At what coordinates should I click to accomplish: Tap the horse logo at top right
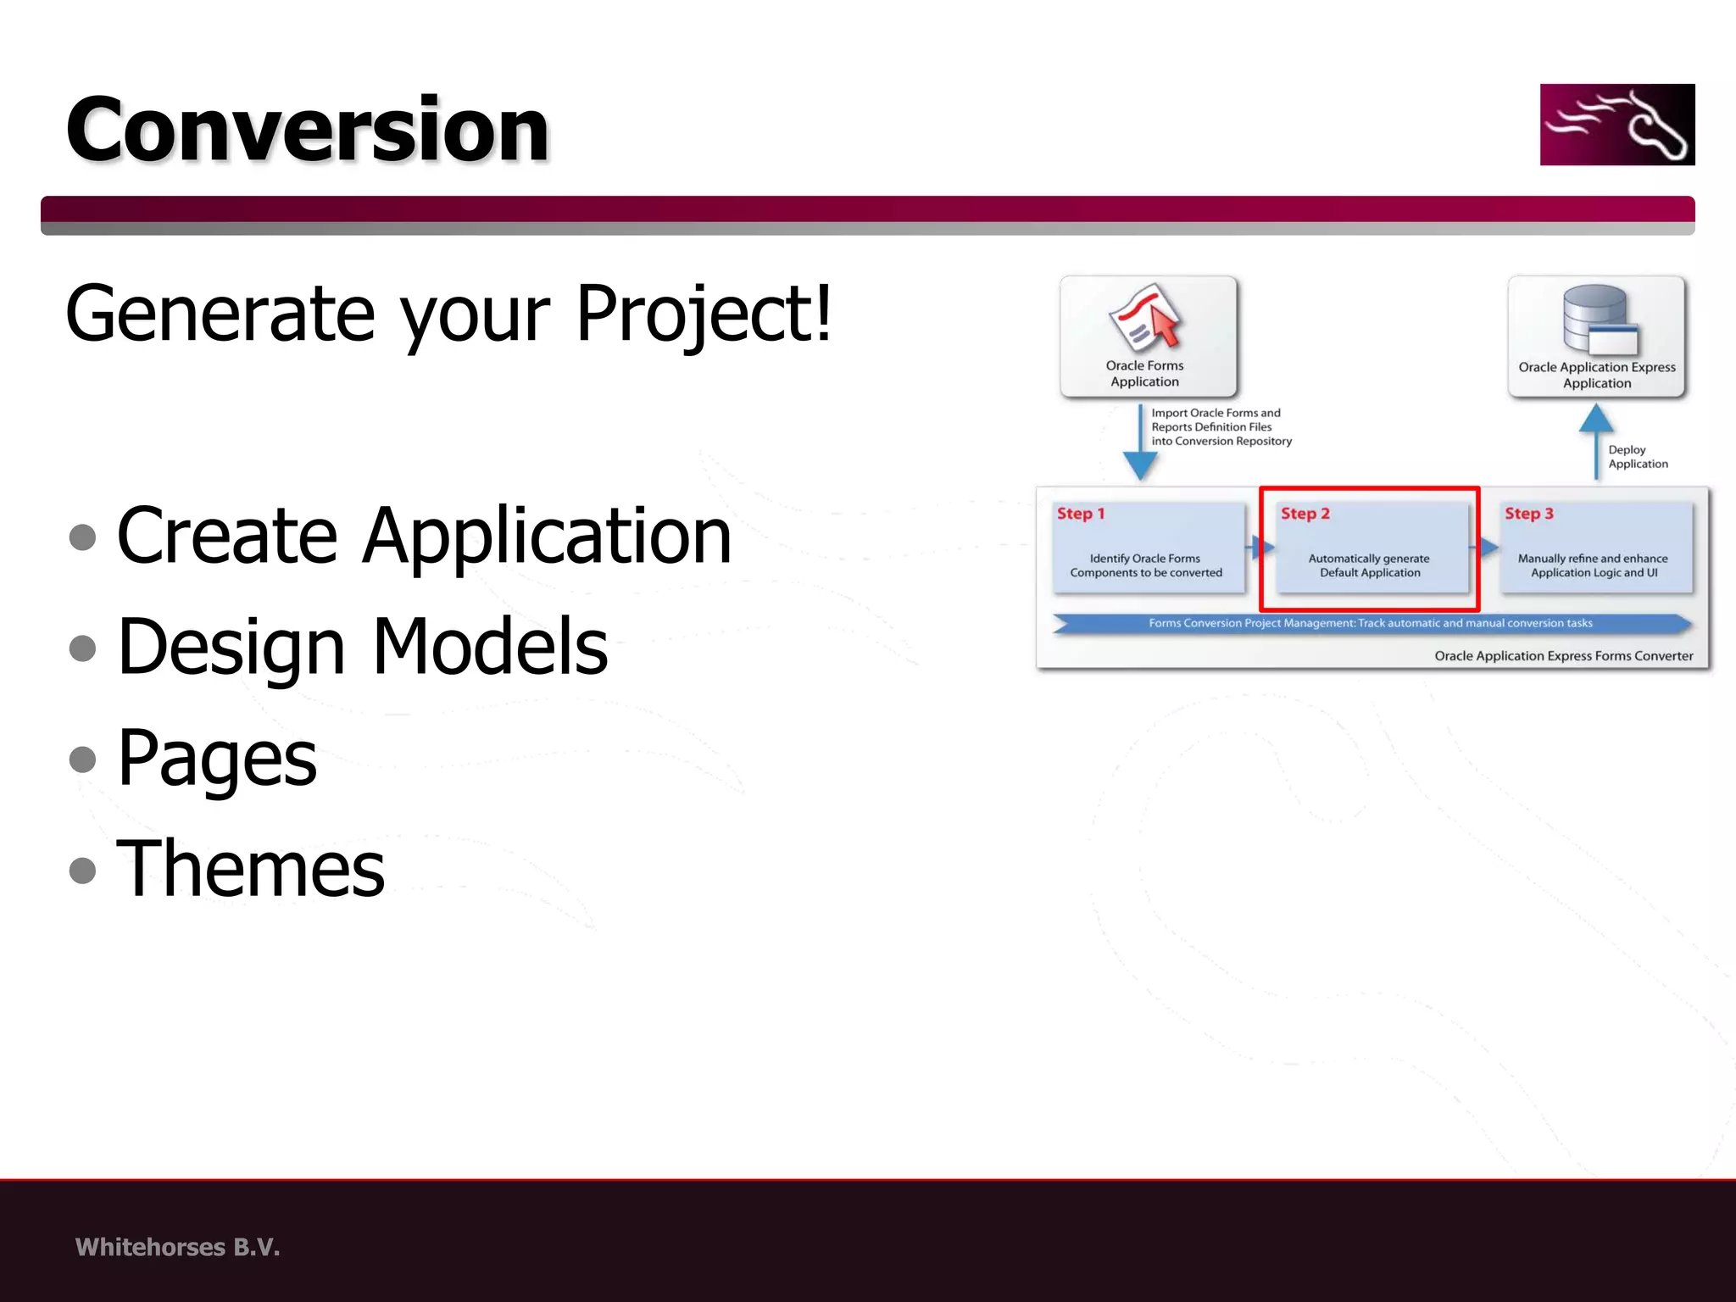pyautogui.click(x=1616, y=125)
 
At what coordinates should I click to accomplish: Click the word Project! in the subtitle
pyautogui.click(x=704, y=314)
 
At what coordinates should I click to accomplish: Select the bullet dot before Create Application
pyautogui.click(x=82, y=537)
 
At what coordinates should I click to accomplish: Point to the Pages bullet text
pyautogui.click(x=217, y=758)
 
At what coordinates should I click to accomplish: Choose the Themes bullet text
pyautogui.click(x=251, y=869)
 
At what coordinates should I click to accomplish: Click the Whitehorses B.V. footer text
pyautogui.click(x=177, y=1247)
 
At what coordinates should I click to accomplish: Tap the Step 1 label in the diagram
pyautogui.click(x=1080, y=514)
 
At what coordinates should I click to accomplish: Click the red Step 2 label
pyautogui.click(x=1305, y=514)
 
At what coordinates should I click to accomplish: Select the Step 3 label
pyautogui.click(x=1528, y=514)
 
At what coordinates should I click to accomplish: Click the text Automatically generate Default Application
pyautogui.click(x=1369, y=565)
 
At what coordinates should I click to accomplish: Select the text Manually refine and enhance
pyautogui.click(x=1592, y=559)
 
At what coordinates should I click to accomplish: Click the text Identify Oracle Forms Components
pyautogui.click(x=1145, y=565)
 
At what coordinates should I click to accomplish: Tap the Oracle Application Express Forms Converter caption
pyautogui.click(x=1563, y=656)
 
